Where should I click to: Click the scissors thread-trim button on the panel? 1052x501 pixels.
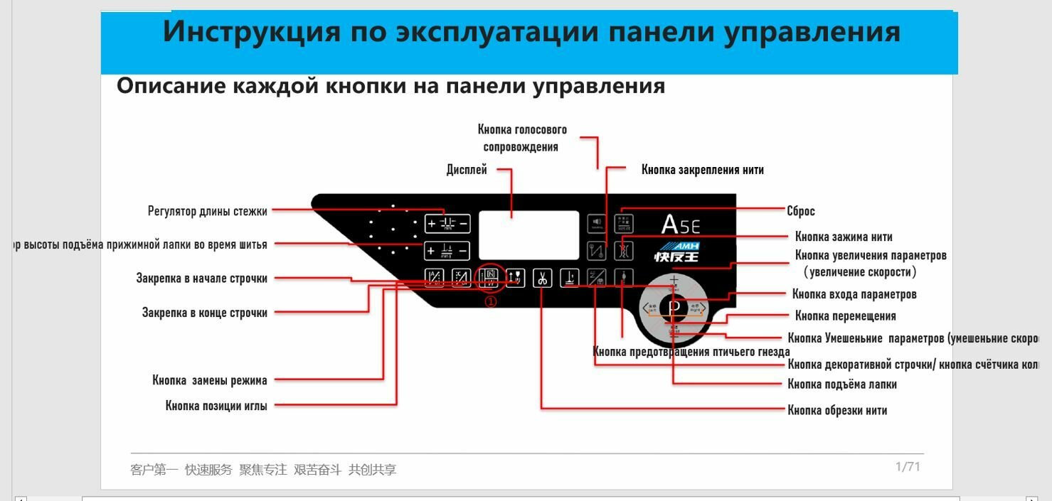click(x=543, y=278)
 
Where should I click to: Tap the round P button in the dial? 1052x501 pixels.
click(x=674, y=308)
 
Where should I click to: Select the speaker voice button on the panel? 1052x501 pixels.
click(x=597, y=223)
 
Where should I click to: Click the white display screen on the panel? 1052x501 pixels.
click(x=528, y=235)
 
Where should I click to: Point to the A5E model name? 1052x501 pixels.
click(x=680, y=224)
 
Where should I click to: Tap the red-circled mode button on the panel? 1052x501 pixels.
click(x=491, y=278)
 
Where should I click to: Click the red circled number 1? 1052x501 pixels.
click(x=491, y=301)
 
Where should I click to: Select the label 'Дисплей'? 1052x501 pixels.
click(x=467, y=170)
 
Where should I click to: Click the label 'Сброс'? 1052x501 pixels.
click(x=801, y=211)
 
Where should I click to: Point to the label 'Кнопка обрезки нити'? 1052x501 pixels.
click(x=837, y=410)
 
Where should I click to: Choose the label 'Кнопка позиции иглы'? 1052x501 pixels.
click(x=216, y=406)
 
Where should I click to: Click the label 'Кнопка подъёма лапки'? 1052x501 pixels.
click(x=842, y=384)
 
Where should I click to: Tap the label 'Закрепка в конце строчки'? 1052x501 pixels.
click(x=205, y=313)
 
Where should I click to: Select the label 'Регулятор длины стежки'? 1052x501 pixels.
click(x=208, y=211)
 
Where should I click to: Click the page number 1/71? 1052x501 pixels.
click(x=908, y=467)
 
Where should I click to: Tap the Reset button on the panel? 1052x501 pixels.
click(x=624, y=223)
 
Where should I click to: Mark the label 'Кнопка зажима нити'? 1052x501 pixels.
click(x=844, y=237)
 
